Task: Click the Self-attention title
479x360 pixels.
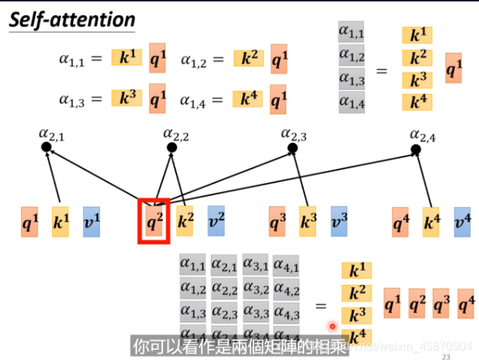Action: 72,19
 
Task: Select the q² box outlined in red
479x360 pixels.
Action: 154,221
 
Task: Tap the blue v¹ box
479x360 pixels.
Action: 91,221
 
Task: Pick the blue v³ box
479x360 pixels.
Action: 339,221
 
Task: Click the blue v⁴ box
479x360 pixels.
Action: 462,221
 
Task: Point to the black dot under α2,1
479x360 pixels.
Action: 46,147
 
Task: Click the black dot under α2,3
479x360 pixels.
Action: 293,148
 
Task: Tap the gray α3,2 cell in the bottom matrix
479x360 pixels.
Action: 256,289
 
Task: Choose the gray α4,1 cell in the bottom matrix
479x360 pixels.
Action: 287,263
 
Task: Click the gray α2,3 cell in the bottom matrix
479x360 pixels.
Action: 224,314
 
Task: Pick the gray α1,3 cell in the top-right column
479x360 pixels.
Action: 352,79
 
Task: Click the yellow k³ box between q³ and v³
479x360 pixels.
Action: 308,221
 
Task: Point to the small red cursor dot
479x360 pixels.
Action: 332,326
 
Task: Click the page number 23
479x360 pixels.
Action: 446,356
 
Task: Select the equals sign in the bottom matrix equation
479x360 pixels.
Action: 320,305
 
